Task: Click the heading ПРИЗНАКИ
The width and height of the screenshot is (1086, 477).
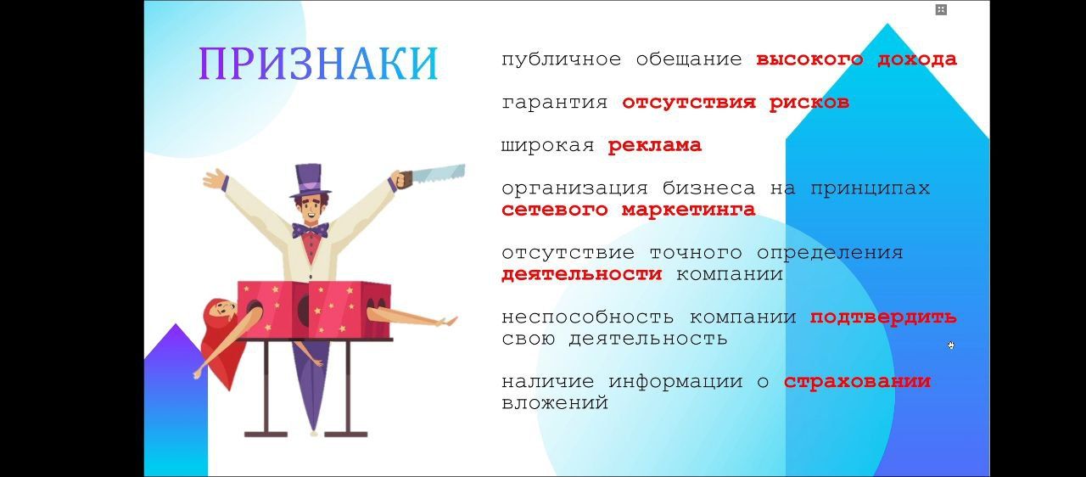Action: click(x=318, y=64)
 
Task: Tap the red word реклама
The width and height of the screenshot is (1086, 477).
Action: click(x=654, y=145)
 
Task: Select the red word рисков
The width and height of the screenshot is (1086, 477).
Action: click(x=809, y=103)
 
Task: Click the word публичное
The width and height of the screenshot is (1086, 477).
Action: click(x=561, y=59)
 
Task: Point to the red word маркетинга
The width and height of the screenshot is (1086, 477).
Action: click(x=688, y=210)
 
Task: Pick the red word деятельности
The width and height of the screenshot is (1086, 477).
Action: click(x=581, y=274)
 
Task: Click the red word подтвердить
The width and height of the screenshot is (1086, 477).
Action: click(x=883, y=317)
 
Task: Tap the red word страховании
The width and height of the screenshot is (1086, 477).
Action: click(x=857, y=382)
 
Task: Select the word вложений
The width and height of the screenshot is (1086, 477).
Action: click(x=555, y=403)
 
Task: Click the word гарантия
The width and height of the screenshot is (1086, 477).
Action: click(x=555, y=103)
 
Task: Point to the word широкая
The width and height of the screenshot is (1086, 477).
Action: click(x=548, y=145)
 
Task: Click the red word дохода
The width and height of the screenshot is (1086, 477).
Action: click(x=917, y=59)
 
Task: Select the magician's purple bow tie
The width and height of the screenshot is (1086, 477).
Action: click(x=311, y=230)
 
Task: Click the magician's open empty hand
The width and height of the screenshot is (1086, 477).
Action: click(x=215, y=179)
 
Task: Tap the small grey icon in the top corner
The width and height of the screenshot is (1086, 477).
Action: click(x=941, y=9)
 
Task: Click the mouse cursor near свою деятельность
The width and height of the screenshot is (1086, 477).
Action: click(x=951, y=345)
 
